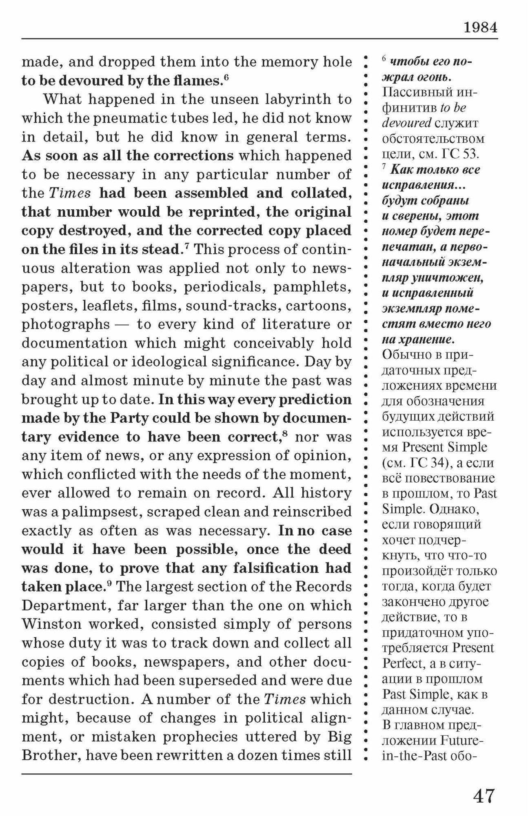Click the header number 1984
pyautogui.click(x=480, y=27)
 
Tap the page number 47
pyautogui.click(x=484, y=795)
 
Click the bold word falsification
pyautogui.click(x=275, y=568)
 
